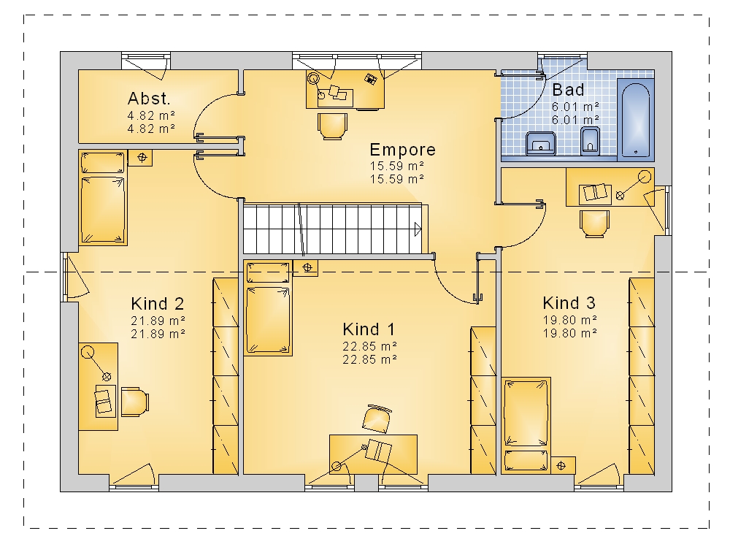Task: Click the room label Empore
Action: tap(403, 150)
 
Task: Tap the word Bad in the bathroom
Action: tap(568, 89)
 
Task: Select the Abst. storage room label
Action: tap(149, 99)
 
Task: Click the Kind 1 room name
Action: tap(369, 329)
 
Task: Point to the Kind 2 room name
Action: tap(158, 303)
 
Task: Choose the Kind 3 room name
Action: tap(569, 303)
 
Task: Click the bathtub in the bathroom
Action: tap(636, 120)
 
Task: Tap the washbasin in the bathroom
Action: tap(540, 142)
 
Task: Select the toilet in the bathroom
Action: tap(590, 140)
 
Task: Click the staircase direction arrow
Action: tap(418, 229)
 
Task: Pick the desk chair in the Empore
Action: tap(332, 126)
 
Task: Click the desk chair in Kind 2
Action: tap(135, 402)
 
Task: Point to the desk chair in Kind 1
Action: tap(377, 418)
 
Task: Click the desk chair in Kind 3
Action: tap(594, 223)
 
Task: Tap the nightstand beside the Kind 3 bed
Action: tap(563, 465)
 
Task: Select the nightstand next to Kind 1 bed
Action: tap(305, 268)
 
